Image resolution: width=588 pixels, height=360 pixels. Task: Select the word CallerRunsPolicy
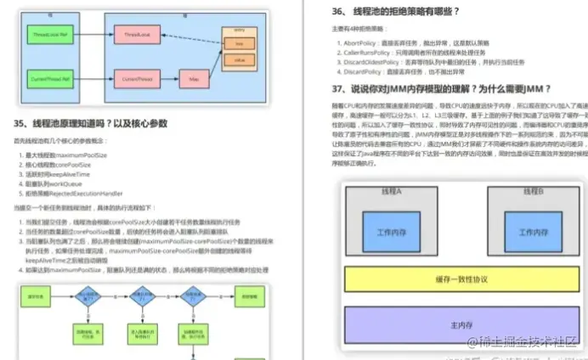pyautogui.click(x=366, y=50)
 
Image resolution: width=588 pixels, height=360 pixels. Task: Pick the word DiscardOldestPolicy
pyautogui.click(x=370, y=60)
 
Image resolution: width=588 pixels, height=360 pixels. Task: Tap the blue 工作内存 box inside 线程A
pyautogui.click(x=392, y=230)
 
